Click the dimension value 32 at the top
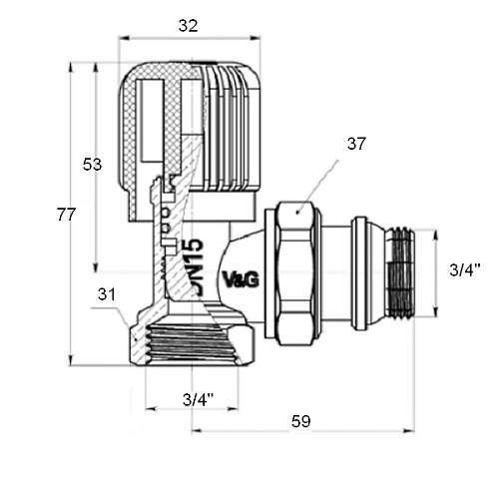tap(189, 26)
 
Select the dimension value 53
tap(92, 165)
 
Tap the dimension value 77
tap(66, 215)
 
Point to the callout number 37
tap(356, 144)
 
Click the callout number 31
tap(107, 294)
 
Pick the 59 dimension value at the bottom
tap(301, 421)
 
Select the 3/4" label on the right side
tap(465, 269)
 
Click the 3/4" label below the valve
tap(199, 399)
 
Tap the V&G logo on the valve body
tap(241, 279)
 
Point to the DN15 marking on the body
tap(193, 266)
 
